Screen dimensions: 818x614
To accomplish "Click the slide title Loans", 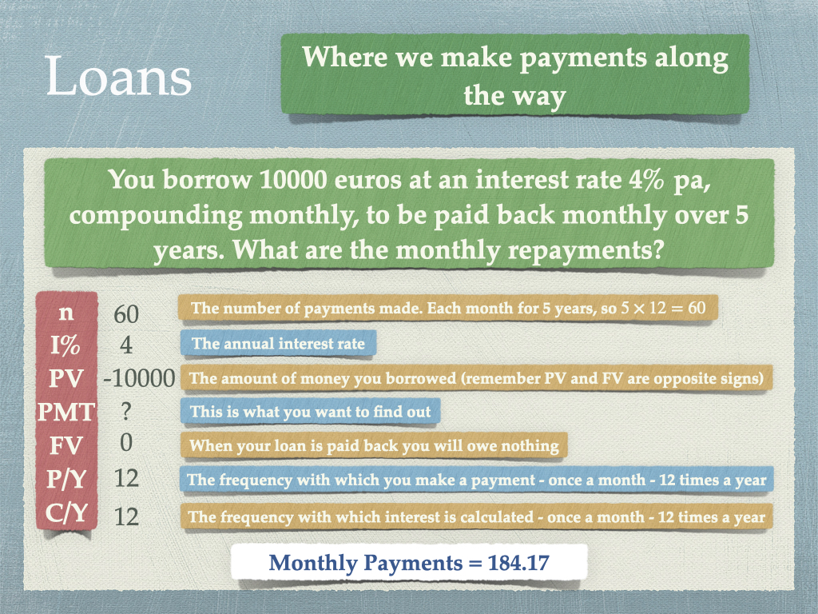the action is tap(119, 77).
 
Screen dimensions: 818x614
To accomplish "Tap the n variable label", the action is tap(66, 313).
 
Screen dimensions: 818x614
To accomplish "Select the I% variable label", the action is tap(66, 345).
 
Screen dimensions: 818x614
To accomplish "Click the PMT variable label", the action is tap(66, 412).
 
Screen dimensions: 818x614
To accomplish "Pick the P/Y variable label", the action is tap(66, 479).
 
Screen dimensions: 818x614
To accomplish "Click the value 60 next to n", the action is tap(126, 314).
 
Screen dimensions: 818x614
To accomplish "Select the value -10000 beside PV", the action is tap(139, 378).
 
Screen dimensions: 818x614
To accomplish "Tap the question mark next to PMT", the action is tap(125, 412).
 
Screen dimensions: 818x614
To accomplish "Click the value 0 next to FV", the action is tap(126, 443).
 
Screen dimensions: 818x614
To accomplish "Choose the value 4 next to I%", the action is tap(126, 345).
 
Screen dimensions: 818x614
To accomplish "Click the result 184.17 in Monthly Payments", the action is tap(518, 562).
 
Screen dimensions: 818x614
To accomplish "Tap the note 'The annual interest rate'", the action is tap(278, 344).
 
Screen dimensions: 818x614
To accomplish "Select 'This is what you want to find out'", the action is tap(311, 412).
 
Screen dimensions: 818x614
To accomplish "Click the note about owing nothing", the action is tap(374, 445).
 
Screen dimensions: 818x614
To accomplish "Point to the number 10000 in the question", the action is tap(292, 180).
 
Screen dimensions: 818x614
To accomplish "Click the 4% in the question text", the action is tap(646, 180).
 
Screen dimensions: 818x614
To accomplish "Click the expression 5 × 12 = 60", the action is tap(663, 308).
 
